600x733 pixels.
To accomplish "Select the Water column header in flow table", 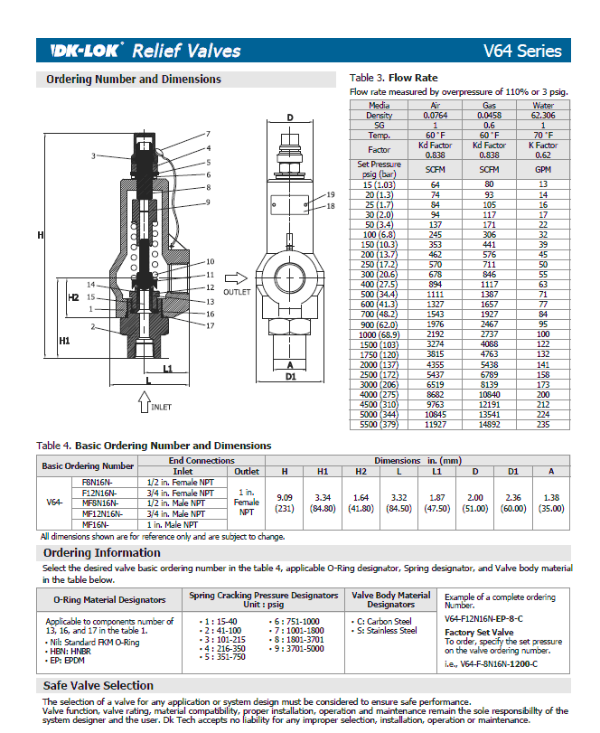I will click(543, 106).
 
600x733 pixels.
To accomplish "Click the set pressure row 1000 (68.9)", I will click(379, 334).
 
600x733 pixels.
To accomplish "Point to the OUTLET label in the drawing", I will click(237, 291).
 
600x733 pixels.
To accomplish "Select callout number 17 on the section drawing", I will click(209, 325).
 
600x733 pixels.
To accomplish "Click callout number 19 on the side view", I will click(331, 194).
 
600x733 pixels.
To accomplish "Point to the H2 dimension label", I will click(73, 296).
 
